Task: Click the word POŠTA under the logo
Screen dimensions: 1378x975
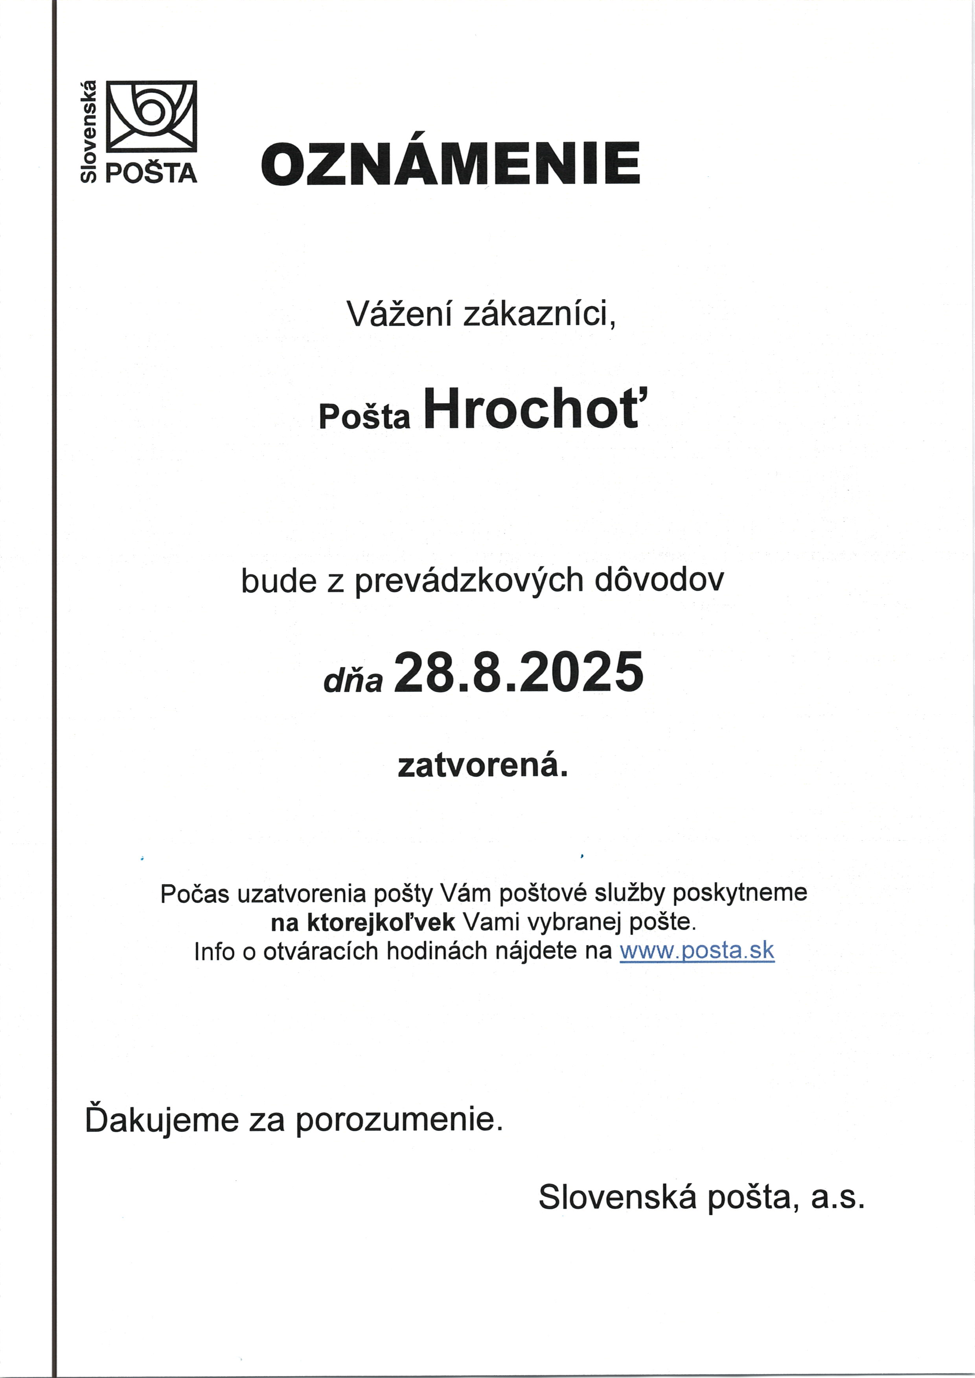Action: (151, 173)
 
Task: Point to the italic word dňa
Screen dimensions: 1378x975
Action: (353, 680)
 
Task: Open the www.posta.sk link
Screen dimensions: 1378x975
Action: (696, 951)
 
